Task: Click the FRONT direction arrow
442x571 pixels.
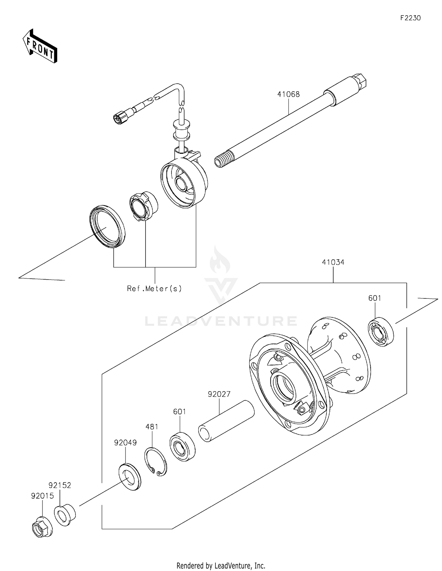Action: pyautogui.click(x=40, y=46)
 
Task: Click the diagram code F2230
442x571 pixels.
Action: pyautogui.click(x=410, y=18)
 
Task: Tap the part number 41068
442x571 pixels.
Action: pyautogui.click(x=288, y=94)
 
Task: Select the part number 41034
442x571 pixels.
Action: pyautogui.click(x=333, y=262)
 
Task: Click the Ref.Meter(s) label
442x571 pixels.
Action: pyautogui.click(x=154, y=288)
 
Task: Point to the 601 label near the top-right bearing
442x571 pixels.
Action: pyautogui.click(x=375, y=298)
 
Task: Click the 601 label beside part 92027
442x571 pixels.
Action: pyautogui.click(x=179, y=412)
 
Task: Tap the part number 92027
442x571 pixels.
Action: pyautogui.click(x=219, y=394)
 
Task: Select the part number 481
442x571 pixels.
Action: pyautogui.click(x=152, y=427)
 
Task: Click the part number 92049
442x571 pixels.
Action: pyautogui.click(x=126, y=443)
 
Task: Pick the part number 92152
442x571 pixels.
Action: pyautogui.click(x=60, y=485)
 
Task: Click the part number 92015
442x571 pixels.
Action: pyautogui.click(x=42, y=496)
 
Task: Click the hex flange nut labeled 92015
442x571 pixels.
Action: pyautogui.click(x=42, y=527)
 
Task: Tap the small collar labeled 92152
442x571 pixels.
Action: pyautogui.click(x=65, y=515)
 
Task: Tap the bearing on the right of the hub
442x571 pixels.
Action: pyautogui.click(x=381, y=331)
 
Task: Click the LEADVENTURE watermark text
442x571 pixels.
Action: pyautogui.click(x=221, y=321)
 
